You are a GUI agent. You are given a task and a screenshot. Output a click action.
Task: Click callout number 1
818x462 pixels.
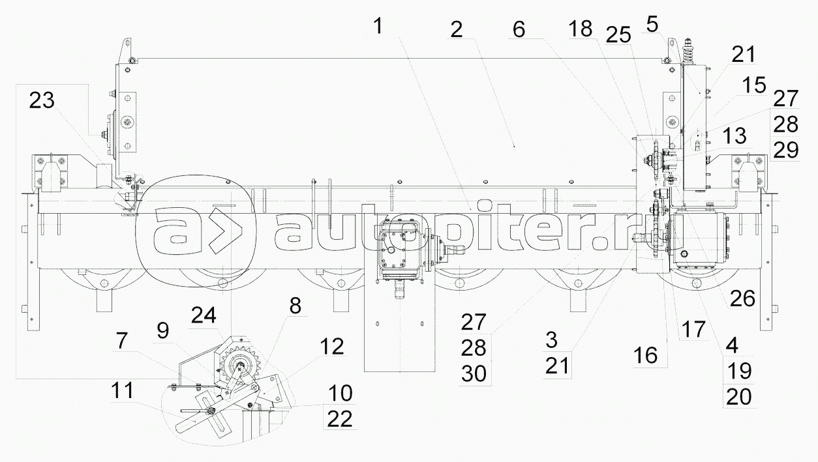click(x=378, y=27)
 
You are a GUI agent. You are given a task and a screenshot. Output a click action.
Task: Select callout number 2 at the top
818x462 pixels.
click(x=457, y=29)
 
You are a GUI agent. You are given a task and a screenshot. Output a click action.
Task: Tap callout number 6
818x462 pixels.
click(x=519, y=29)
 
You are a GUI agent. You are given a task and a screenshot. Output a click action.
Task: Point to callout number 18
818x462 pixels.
click(x=581, y=29)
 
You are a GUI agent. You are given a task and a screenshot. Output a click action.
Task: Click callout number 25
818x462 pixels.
click(x=618, y=35)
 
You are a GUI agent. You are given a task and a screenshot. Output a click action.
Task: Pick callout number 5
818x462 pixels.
click(x=652, y=24)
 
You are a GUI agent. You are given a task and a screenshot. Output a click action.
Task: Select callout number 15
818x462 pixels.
click(x=755, y=85)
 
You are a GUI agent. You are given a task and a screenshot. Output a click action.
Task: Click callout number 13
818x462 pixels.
click(x=735, y=136)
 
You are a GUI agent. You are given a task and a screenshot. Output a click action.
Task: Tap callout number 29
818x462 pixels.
click(x=786, y=150)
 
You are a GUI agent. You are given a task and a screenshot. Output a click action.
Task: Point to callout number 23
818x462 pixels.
click(x=42, y=100)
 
